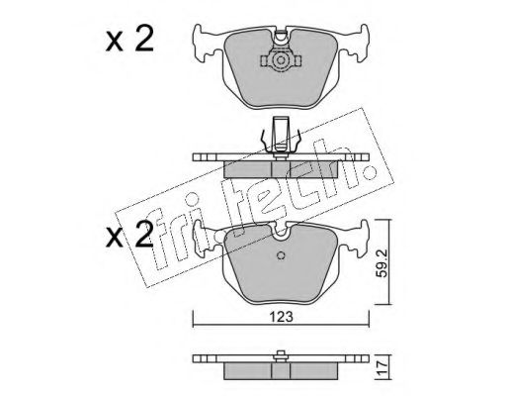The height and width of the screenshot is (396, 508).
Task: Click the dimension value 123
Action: coord(281,317)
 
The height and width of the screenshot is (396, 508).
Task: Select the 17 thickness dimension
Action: coord(381,367)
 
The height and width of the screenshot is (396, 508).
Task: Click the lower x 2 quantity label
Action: coord(129,234)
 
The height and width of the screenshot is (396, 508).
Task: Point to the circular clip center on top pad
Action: coord(281,60)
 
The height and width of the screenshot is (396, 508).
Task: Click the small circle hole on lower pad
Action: coord(281,255)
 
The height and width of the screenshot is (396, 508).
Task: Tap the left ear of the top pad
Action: coord(206,43)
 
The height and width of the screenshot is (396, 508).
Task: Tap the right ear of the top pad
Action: coord(355,43)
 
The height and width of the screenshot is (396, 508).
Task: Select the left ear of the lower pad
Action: coord(206,238)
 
